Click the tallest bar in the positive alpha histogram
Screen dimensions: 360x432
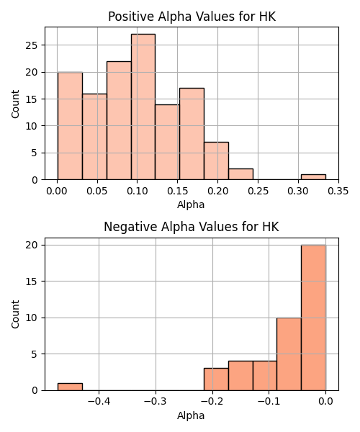click(143, 107)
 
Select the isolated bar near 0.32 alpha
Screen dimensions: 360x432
click(313, 177)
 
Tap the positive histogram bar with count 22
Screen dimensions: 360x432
click(119, 120)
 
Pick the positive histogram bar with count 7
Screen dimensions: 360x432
click(217, 161)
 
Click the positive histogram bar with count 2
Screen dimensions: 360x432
click(240, 174)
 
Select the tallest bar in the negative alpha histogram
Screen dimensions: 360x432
click(313, 318)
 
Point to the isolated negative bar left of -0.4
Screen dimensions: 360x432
click(70, 387)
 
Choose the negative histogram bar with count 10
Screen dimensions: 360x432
click(289, 354)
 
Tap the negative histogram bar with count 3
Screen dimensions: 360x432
click(216, 379)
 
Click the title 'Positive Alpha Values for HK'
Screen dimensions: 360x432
click(192, 17)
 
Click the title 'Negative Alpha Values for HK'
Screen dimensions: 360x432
click(192, 227)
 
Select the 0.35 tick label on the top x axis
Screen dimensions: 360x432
click(338, 191)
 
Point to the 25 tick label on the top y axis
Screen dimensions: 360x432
click(31, 45)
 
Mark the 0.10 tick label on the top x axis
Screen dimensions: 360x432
click(138, 191)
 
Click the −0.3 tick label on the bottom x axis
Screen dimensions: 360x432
click(156, 402)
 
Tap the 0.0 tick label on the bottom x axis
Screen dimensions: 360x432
click(325, 402)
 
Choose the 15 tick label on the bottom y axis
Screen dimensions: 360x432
click(31, 282)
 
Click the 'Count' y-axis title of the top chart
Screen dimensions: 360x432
click(15, 104)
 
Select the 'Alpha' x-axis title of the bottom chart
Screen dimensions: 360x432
click(191, 415)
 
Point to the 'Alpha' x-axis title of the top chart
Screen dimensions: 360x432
click(191, 204)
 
